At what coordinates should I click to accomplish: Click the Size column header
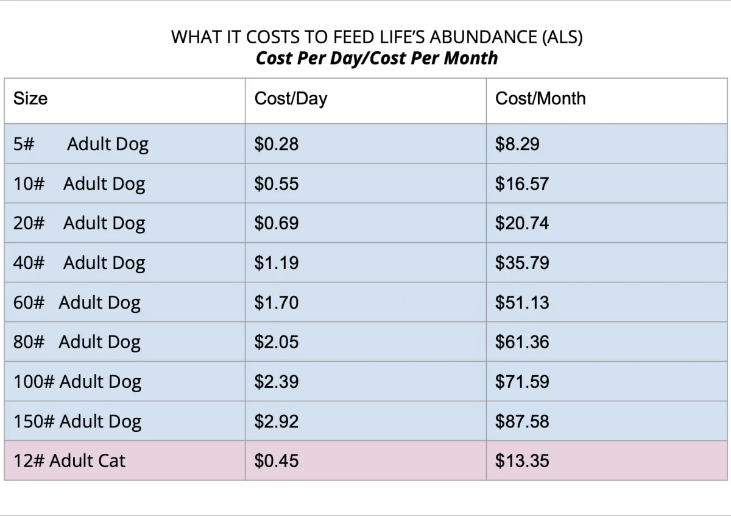coord(30,99)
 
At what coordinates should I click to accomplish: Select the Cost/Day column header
coord(291,99)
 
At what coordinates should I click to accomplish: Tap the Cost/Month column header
coord(540,99)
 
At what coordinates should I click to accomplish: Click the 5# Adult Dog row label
coord(81,145)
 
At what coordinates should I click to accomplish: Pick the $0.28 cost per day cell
coord(277,145)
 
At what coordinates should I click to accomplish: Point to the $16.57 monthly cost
coord(521,184)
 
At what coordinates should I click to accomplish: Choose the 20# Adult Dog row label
coord(79,224)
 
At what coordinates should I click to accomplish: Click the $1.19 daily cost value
coord(277,263)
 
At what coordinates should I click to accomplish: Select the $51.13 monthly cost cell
coord(521,303)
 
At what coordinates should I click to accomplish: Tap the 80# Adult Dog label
coord(77,343)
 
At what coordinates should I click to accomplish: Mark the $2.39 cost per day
coord(277,382)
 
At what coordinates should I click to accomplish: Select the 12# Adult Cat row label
coord(69,461)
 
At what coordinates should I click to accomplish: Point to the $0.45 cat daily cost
coord(277,461)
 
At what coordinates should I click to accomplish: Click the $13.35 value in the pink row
coord(521,461)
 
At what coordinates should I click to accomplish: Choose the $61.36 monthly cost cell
coord(521,343)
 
